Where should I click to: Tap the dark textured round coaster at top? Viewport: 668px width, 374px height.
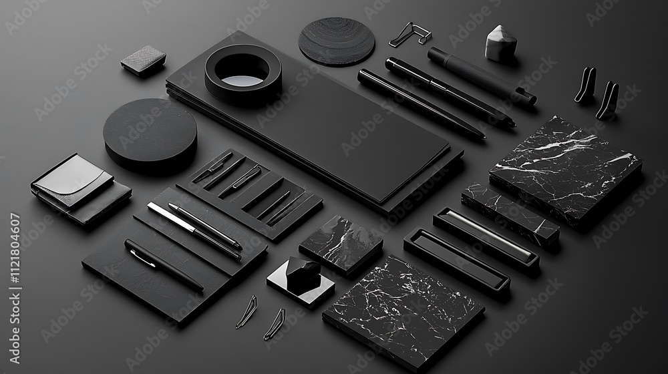337,41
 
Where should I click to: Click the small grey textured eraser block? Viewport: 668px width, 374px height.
143,61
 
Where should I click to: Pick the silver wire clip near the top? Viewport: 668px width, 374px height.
410,35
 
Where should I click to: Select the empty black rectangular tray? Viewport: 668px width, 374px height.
456,264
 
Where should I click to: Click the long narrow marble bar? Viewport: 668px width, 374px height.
510,214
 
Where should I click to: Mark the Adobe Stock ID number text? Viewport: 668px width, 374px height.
15,288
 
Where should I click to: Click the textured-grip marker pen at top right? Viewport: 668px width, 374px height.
482,75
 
